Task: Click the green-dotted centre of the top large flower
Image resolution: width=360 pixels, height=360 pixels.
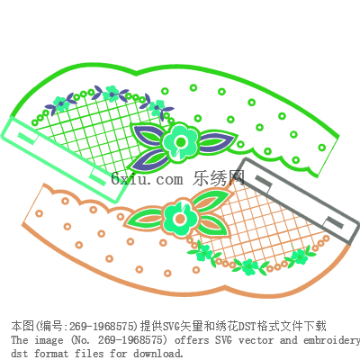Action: pos(181,141)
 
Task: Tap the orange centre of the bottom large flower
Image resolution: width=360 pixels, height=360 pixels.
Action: pos(180,218)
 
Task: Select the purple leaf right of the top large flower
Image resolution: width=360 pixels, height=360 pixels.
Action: pos(217,141)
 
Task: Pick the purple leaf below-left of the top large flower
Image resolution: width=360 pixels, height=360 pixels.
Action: pos(148,160)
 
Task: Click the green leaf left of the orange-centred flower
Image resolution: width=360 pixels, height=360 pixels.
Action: pos(144,217)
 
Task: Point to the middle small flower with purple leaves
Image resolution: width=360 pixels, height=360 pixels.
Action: pos(112,93)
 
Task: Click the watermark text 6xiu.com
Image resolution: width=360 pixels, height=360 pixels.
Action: pos(147,179)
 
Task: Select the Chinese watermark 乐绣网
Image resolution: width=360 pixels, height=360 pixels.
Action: pos(219,178)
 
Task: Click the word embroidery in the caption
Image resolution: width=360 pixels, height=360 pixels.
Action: pos(331,340)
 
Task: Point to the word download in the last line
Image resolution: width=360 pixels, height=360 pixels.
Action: pos(157,354)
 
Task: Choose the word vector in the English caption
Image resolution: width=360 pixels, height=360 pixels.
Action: pos(256,340)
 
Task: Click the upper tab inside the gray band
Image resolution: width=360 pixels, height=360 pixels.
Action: pos(264,181)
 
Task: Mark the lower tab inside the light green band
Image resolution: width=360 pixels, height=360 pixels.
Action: pos(98,177)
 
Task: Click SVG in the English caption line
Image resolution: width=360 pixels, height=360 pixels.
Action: pos(223,340)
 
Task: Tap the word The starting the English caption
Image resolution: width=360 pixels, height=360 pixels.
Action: pos(20,340)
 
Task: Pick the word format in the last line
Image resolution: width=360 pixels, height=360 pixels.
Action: pos(50,354)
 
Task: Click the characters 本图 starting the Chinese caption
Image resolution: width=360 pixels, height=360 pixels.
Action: pos(22,326)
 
